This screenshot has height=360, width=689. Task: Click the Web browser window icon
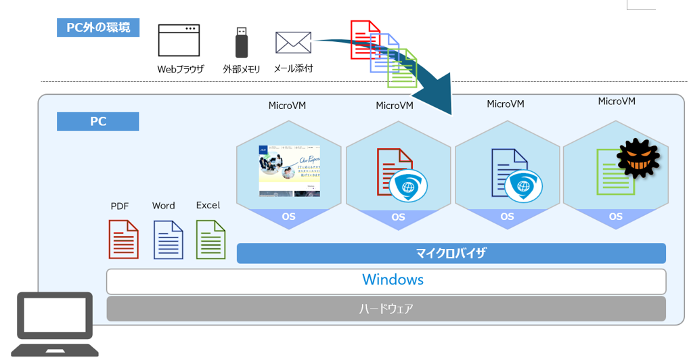tap(179, 41)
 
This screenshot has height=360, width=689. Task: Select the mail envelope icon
tap(293, 42)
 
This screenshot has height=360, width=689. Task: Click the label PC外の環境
tap(98, 28)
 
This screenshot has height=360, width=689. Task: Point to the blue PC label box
tap(98, 122)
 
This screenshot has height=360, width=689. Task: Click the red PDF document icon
tap(123, 240)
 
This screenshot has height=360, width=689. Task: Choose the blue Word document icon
tap(169, 240)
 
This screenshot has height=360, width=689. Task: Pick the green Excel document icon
tap(210, 240)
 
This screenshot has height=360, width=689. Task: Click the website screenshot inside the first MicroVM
tap(289, 171)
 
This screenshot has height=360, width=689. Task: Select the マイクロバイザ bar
tap(451, 254)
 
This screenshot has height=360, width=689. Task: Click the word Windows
tap(393, 279)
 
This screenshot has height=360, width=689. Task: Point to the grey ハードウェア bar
tap(386, 309)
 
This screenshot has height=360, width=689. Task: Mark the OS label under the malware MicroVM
tap(615, 217)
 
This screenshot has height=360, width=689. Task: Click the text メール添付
tap(293, 69)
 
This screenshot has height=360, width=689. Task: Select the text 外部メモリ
tap(242, 69)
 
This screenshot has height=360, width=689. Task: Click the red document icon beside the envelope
tap(363, 37)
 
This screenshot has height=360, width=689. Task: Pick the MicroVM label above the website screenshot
tap(288, 105)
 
